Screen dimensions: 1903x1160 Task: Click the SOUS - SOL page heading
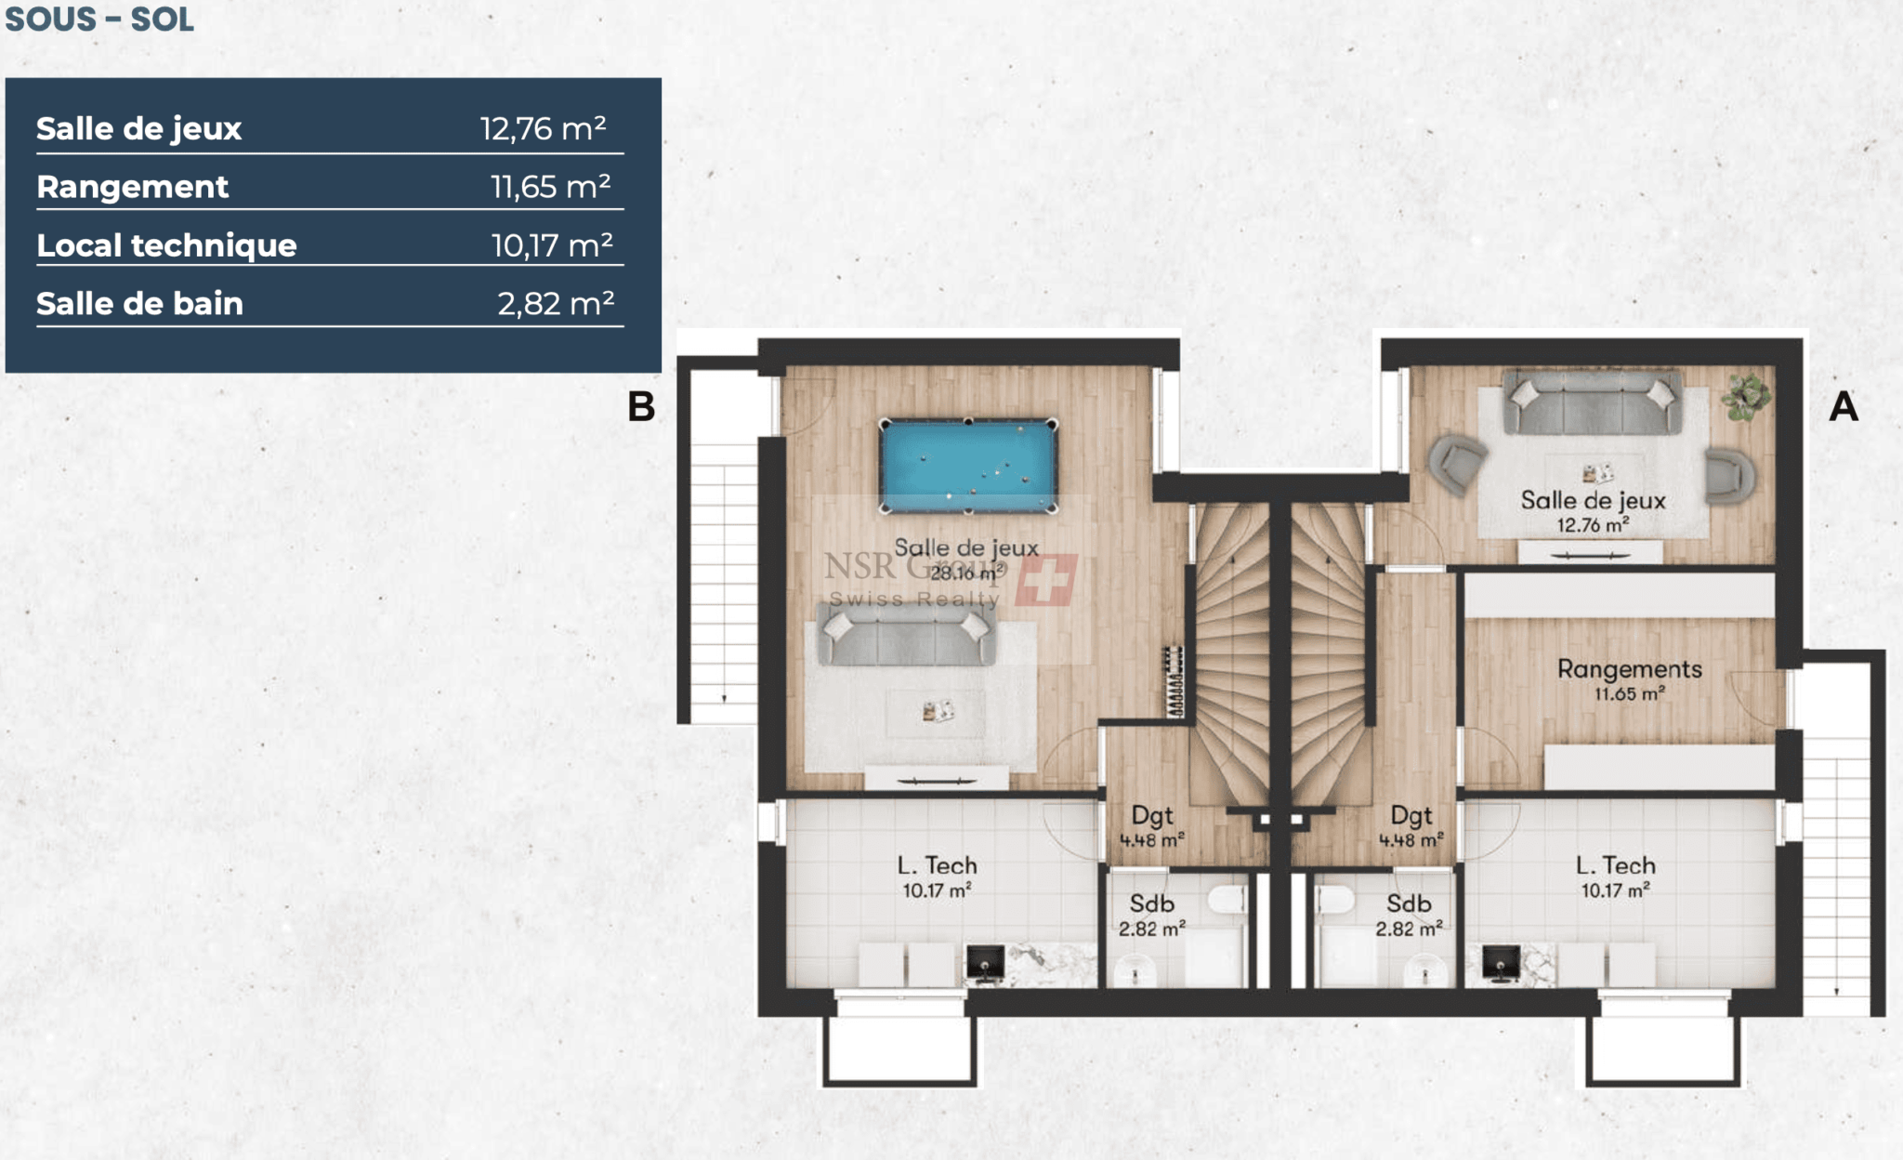pos(99,19)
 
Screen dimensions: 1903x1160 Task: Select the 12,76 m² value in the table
pos(544,128)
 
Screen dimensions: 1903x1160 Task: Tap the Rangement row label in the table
pos(132,187)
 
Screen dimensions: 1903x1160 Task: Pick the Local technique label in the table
pos(166,245)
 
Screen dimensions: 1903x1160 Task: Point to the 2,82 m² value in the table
pos(556,304)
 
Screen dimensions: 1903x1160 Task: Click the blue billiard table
pos(968,466)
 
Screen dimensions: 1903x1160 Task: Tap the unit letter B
pos(641,406)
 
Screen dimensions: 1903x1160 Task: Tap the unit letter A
pos(1844,406)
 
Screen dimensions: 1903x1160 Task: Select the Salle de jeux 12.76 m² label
pos(1593,511)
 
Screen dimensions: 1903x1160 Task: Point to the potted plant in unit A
pos(1745,397)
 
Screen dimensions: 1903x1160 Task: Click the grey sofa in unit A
pos(1592,402)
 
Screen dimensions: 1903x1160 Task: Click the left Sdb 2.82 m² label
pos(1151,916)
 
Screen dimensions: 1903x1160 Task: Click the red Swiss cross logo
pos(1047,580)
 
